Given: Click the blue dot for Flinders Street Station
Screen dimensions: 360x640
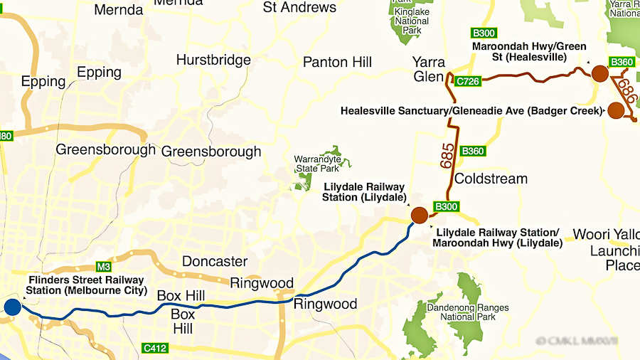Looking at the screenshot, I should (12, 307).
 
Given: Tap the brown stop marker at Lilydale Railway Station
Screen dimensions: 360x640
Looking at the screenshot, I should (419, 215).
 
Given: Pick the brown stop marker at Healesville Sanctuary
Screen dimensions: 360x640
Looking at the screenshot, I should (615, 110).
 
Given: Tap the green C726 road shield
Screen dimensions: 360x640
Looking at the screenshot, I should (469, 81).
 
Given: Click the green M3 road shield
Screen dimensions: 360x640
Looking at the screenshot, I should (104, 267).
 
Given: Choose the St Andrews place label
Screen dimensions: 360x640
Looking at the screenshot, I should (299, 8).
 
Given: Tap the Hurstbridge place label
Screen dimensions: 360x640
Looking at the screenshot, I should (213, 60).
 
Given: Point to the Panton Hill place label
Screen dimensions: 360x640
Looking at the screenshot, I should (337, 63).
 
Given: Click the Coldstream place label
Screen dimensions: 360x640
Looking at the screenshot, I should (491, 179).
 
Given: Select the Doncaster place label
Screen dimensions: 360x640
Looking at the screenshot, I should (215, 261).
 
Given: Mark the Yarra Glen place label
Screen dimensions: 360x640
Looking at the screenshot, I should (429, 68).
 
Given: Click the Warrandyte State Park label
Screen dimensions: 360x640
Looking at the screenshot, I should (317, 164).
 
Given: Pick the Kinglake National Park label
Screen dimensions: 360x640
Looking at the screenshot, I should (411, 21).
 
